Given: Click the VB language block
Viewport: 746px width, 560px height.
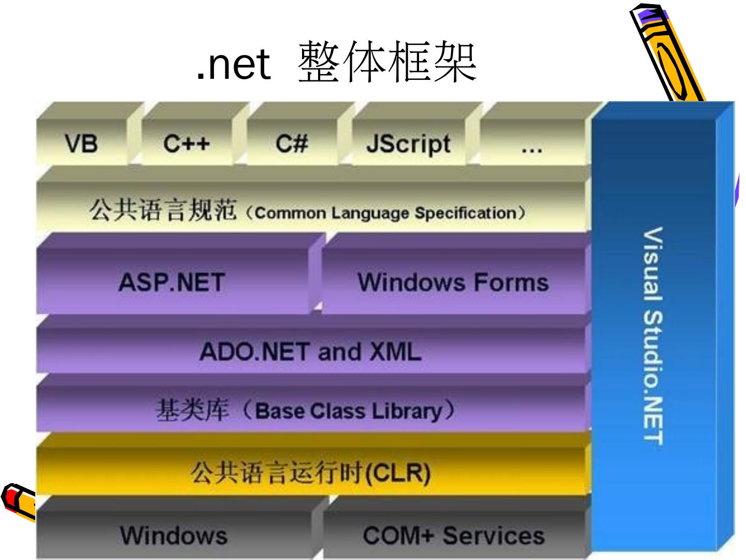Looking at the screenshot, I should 81,143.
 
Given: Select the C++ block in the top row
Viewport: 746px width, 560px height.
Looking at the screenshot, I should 187,143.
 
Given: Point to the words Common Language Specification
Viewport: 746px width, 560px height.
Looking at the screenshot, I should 385,213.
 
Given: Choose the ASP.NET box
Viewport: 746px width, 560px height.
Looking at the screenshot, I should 171,283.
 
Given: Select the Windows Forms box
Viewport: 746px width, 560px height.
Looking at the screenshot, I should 453,283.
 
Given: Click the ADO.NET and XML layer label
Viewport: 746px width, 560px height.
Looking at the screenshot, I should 310,352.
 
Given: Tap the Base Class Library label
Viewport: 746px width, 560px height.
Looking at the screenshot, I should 348,411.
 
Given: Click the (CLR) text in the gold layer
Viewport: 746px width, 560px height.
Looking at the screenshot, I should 398,472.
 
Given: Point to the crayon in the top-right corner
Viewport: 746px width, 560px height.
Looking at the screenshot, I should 666,52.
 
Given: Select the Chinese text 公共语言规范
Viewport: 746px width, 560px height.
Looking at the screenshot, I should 163,211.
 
